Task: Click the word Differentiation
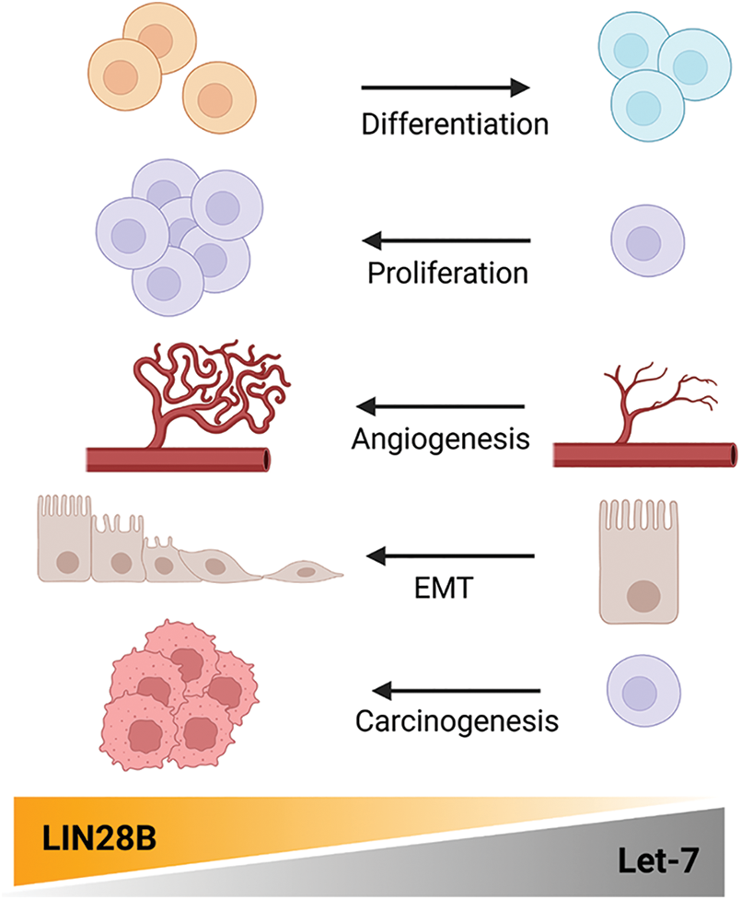(455, 123)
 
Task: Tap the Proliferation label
(447, 274)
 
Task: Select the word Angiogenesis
(441, 438)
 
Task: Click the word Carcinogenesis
(457, 719)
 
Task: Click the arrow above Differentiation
(446, 88)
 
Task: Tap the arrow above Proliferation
(446, 241)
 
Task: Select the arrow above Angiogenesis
(441, 405)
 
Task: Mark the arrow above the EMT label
(451, 555)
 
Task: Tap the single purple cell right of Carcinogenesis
(643, 689)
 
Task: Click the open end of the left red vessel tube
(264, 459)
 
